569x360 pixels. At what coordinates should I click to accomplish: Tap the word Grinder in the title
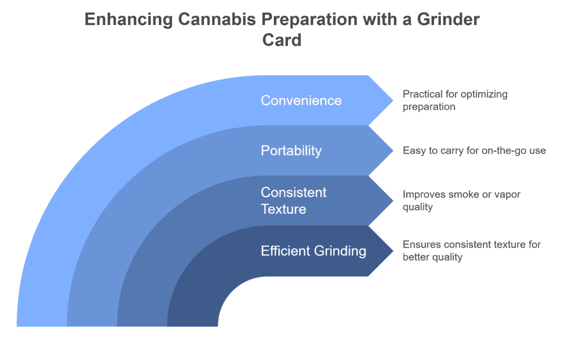(448, 19)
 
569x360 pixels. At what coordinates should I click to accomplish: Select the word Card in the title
(282, 40)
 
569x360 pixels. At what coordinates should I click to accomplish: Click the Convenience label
(301, 101)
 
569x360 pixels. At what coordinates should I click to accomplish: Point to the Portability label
(291, 151)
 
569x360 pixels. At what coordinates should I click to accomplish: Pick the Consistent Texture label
(293, 201)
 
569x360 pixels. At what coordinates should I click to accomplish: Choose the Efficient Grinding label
(313, 251)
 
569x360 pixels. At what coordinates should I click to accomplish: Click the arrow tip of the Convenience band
(393, 101)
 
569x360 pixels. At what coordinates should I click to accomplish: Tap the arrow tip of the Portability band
(393, 151)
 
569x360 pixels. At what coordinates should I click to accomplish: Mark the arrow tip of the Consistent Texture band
(393, 201)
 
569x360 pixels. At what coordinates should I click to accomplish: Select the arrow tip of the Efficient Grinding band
(393, 251)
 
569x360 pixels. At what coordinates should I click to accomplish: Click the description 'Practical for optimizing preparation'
(455, 101)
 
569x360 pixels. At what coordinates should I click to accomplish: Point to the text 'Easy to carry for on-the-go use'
(475, 151)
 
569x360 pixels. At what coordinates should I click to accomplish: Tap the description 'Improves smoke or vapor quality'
(462, 201)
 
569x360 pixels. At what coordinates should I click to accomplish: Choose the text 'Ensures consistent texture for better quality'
(472, 251)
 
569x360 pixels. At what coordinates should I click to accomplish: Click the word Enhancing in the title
(128, 19)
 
